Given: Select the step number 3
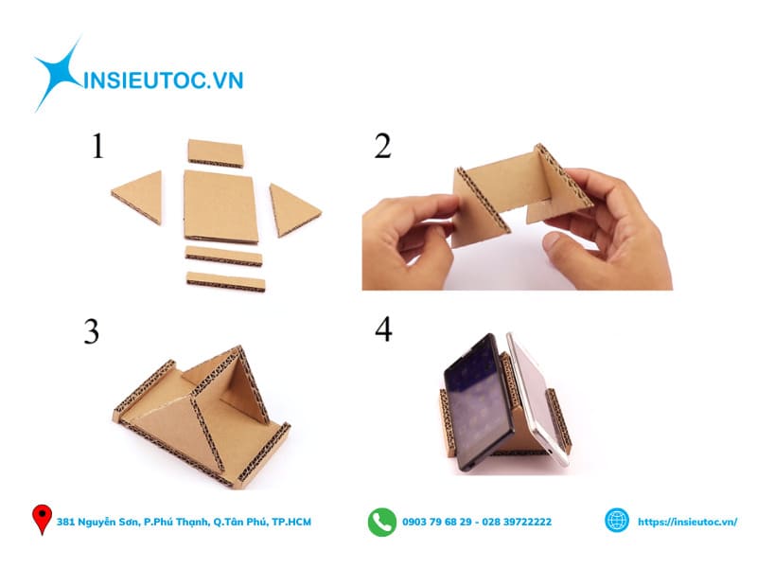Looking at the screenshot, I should tap(91, 331).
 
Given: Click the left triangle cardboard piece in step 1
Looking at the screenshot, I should tap(139, 197).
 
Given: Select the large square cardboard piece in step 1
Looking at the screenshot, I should tap(220, 204).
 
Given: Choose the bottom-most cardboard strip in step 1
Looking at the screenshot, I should tap(225, 280).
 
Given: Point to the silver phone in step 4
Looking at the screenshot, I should tap(535, 398).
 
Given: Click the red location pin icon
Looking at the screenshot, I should tap(42, 520).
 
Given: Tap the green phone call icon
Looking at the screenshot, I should tap(382, 522).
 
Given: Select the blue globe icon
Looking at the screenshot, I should tap(617, 521).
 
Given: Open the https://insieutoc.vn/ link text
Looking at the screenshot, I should tap(687, 523).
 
